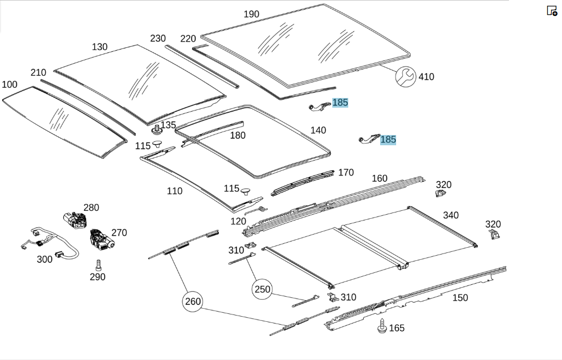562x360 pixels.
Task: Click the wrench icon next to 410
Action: [405, 77]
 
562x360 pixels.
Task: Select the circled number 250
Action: [262, 289]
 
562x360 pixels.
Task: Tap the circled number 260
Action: [193, 301]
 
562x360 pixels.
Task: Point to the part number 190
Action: [251, 14]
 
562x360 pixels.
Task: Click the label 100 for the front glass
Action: [9, 84]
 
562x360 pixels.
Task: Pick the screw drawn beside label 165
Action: [382, 326]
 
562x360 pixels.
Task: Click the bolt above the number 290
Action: [99, 265]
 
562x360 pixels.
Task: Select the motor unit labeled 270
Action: [101, 239]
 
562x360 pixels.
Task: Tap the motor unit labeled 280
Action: [75, 219]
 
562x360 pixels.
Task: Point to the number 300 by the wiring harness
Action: [44, 259]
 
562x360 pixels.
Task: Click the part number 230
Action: [158, 38]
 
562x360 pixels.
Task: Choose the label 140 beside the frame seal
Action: [318, 130]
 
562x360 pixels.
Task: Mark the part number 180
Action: [238, 136]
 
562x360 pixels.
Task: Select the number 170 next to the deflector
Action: [346, 173]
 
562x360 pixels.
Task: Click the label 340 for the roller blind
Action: [450, 215]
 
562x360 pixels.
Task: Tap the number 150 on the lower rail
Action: [460, 298]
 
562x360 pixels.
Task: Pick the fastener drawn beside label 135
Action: [157, 130]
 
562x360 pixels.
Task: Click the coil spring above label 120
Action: [259, 210]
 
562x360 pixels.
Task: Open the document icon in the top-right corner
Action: [552, 11]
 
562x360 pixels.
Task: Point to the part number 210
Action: [38, 73]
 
